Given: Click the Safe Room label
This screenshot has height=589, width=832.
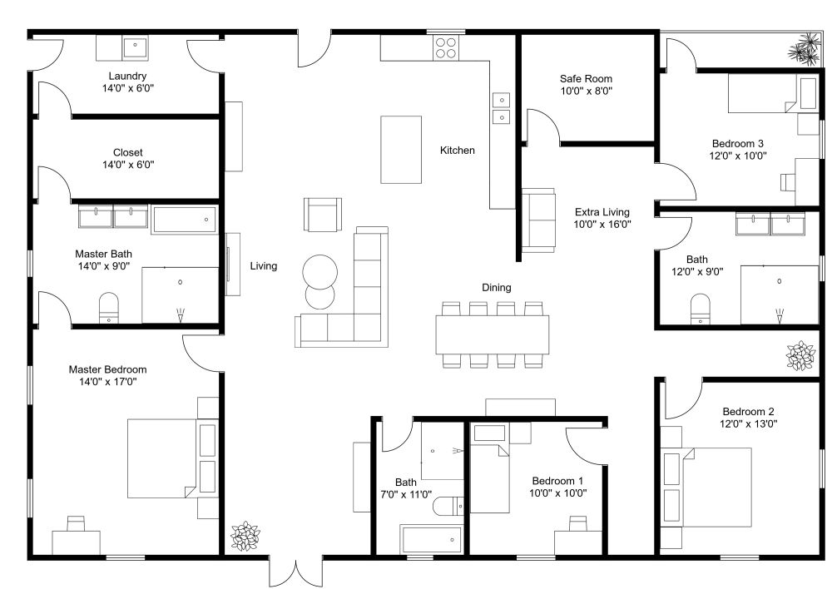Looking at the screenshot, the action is click(586, 78).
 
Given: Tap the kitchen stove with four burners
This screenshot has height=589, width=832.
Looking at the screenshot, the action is click(446, 47).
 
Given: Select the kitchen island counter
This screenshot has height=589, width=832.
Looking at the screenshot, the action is click(401, 150).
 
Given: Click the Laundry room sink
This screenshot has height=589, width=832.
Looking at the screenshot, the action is click(136, 47).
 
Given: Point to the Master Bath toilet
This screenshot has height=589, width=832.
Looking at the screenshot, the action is click(109, 307).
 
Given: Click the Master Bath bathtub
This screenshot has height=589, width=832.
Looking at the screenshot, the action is click(185, 220).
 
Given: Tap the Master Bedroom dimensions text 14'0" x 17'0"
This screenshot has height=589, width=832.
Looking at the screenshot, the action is click(107, 382).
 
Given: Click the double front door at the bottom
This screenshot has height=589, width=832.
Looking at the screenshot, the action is click(295, 572).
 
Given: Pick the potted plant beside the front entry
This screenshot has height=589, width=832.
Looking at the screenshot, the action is click(245, 536).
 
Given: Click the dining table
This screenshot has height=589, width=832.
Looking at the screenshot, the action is click(493, 334).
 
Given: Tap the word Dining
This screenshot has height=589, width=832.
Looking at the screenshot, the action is click(497, 288).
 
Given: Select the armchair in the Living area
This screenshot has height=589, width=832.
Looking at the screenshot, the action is click(323, 215).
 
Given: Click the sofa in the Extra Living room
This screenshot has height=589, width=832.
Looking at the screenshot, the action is click(538, 220).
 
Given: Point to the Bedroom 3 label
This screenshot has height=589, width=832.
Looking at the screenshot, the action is click(737, 144).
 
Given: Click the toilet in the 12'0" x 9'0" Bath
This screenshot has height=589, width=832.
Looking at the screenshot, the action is click(701, 309).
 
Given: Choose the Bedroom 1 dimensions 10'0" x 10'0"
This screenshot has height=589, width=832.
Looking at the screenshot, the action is click(557, 493).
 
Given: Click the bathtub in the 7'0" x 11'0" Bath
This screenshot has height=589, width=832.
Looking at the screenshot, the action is click(432, 540).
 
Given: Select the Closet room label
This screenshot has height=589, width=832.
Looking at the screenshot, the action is click(128, 153).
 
